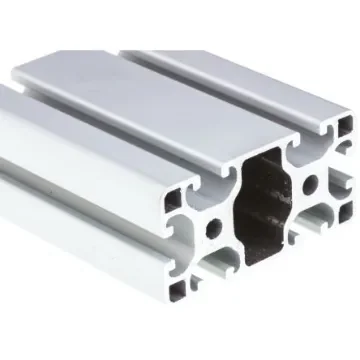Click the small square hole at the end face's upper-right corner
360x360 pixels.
(x=343, y=125)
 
